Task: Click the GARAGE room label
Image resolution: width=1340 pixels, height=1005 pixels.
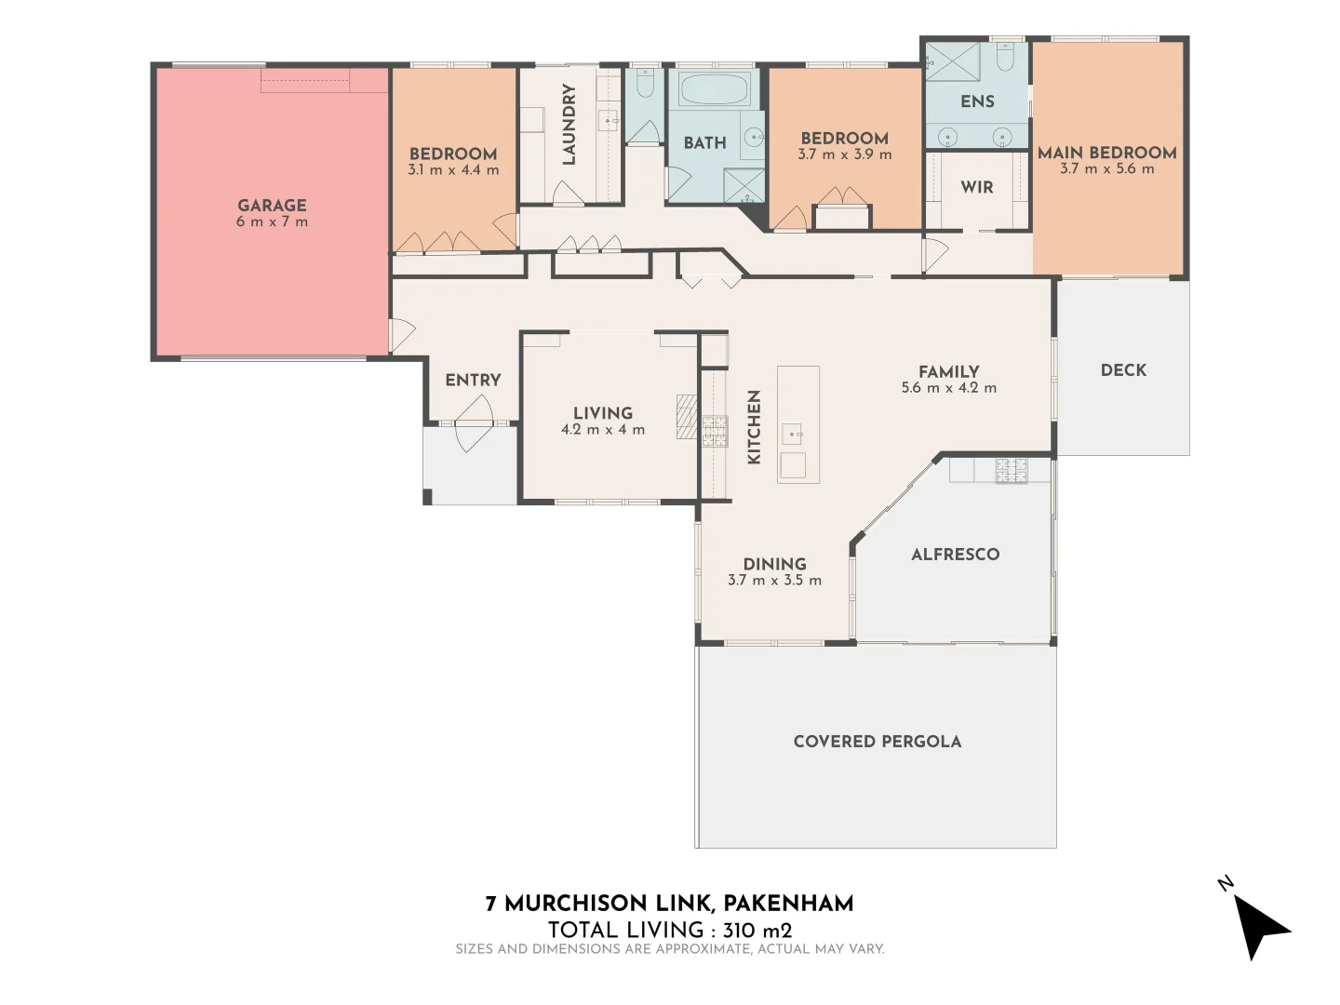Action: (x=272, y=206)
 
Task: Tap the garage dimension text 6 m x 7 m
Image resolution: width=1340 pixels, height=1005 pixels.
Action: (x=272, y=222)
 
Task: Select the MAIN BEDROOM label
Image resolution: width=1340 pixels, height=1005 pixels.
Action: (x=1106, y=153)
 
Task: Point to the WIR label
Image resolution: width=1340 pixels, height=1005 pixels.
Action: (x=977, y=187)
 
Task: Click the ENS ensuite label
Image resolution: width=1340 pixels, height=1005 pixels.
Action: (x=977, y=101)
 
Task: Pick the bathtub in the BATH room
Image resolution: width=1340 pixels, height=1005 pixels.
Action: (x=715, y=90)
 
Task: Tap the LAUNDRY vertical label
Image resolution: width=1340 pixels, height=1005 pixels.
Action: (x=569, y=124)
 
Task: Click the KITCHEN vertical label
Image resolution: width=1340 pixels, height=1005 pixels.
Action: (x=755, y=426)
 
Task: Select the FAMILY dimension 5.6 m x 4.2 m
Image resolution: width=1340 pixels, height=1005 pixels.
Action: (x=948, y=388)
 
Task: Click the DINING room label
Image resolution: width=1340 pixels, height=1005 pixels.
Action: (x=774, y=564)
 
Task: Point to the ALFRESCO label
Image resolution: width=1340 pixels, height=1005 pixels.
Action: (x=955, y=555)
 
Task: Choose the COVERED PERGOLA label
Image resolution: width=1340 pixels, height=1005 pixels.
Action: (x=877, y=742)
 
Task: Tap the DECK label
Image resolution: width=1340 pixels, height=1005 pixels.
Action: (x=1123, y=370)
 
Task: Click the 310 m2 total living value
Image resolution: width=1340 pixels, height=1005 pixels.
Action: (x=757, y=930)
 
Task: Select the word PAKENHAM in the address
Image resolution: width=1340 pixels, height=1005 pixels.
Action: (x=788, y=904)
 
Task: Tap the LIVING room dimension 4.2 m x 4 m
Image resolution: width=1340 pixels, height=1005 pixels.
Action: (x=603, y=430)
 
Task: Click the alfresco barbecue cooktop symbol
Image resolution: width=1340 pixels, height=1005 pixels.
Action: (x=1012, y=470)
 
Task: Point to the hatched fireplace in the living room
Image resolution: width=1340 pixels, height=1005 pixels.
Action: (x=686, y=416)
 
